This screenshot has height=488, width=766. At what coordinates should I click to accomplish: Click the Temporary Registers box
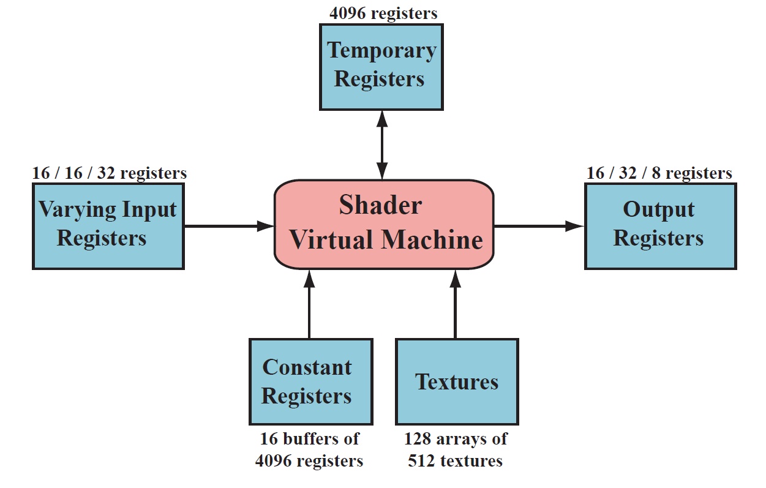pos(381,66)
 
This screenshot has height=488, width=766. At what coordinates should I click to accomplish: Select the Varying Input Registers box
pos(108,225)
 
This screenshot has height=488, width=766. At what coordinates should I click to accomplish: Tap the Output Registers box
pos(660,225)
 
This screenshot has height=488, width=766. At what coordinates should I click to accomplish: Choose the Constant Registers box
pos(310,381)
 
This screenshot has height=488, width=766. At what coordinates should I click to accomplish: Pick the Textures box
pos(457,381)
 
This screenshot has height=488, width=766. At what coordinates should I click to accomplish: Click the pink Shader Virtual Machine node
pos(384,223)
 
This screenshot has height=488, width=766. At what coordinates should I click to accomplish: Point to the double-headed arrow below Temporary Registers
pos(381,145)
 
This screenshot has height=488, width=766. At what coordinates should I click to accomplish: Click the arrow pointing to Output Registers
pos(539,226)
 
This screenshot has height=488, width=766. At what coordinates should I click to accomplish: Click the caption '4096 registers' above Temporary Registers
pos(383,13)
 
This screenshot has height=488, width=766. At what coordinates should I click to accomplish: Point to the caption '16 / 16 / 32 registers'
pos(109,173)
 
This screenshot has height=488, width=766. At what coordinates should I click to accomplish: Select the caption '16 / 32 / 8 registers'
pos(659,173)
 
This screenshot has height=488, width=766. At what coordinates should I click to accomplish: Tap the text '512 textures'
pos(455,460)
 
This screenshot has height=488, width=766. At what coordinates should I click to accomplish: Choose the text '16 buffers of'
pos(309,439)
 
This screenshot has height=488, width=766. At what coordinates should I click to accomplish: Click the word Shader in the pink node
pos(380,205)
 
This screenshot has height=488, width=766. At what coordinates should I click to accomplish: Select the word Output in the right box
pos(659,210)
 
